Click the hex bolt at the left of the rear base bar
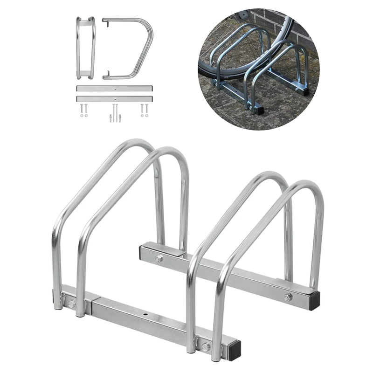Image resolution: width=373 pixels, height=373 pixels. click(159, 258)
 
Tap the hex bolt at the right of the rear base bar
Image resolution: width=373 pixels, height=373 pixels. click(288, 297)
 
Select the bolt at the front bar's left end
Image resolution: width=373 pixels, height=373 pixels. click(71, 304)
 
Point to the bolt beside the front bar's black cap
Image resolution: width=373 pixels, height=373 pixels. click(206, 346)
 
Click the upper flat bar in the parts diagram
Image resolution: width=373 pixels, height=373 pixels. click(114, 88)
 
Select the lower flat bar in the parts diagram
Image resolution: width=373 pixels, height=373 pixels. click(114, 98)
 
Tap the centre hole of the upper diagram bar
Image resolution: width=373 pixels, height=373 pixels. click(114, 88)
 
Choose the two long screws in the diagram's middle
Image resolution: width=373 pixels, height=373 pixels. click(114, 113)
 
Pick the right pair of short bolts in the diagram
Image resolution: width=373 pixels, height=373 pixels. click(145, 110)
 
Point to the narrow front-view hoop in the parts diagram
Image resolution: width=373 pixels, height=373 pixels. click(86, 48)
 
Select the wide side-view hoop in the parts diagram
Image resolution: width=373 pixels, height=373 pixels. click(128, 48)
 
